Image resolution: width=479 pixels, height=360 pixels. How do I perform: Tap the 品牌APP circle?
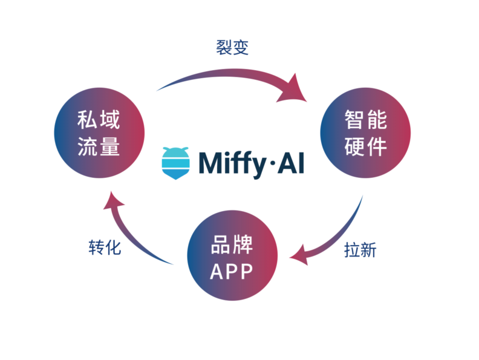(x=232, y=258)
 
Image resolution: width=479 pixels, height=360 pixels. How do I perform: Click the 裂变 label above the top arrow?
(x=232, y=48)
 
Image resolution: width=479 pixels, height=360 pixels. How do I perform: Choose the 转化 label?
(x=105, y=247)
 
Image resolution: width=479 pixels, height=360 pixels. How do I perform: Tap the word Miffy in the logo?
(x=233, y=163)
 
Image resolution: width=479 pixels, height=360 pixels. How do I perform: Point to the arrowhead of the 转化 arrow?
(x=112, y=202)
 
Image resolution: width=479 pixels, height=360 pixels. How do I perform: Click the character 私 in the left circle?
(x=88, y=120)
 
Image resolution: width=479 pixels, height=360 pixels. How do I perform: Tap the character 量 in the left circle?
(x=110, y=146)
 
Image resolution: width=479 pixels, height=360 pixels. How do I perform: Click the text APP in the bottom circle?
(x=232, y=272)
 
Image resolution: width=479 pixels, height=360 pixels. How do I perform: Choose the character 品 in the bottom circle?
(x=221, y=245)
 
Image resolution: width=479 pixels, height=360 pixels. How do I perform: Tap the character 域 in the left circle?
(x=110, y=120)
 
